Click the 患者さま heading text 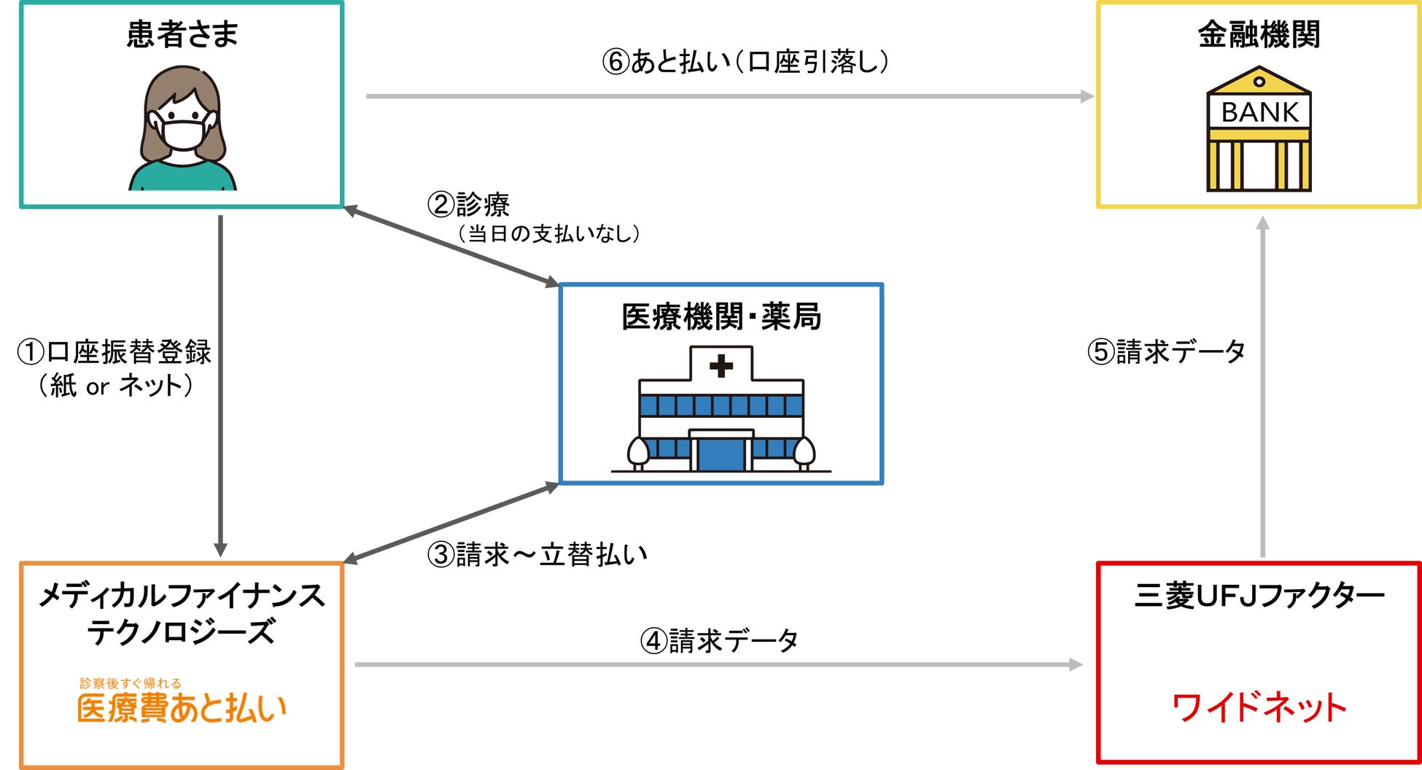pyautogui.click(x=182, y=34)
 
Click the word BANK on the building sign pyautogui.click(x=1259, y=112)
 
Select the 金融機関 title pyautogui.click(x=1259, y=34)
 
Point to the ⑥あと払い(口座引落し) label pyautogui.click(x=745, y=62)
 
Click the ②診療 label pyautogui.click(x=468, y=204)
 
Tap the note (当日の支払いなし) pyautogui.click(x=549, y=234)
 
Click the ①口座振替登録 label pyautogui.click(x=114, y=352)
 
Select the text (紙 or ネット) pyautogui.click(x=116, y=386)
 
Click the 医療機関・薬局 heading pyautogui.click(x=721, y=316)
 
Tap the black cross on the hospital pyautogui.click(x=721, y=365)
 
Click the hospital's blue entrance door pyautogui.click(x=721, y=454)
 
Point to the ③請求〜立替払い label pyautogui.click(x=537, y=555)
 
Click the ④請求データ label pyautogui.click(x=719, y=641)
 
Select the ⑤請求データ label pyautogui.click(x=1166, y=352)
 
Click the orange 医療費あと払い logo pyautogui.click(x=182, y=707)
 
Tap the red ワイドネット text pyautogui.click(x=1259, y=707)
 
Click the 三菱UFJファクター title pyautogui.click(x=1259, y=596)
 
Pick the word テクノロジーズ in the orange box pyautogui.click(x=182, y=631)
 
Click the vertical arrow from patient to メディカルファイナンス pyautogui.click(x=220, y=386)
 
